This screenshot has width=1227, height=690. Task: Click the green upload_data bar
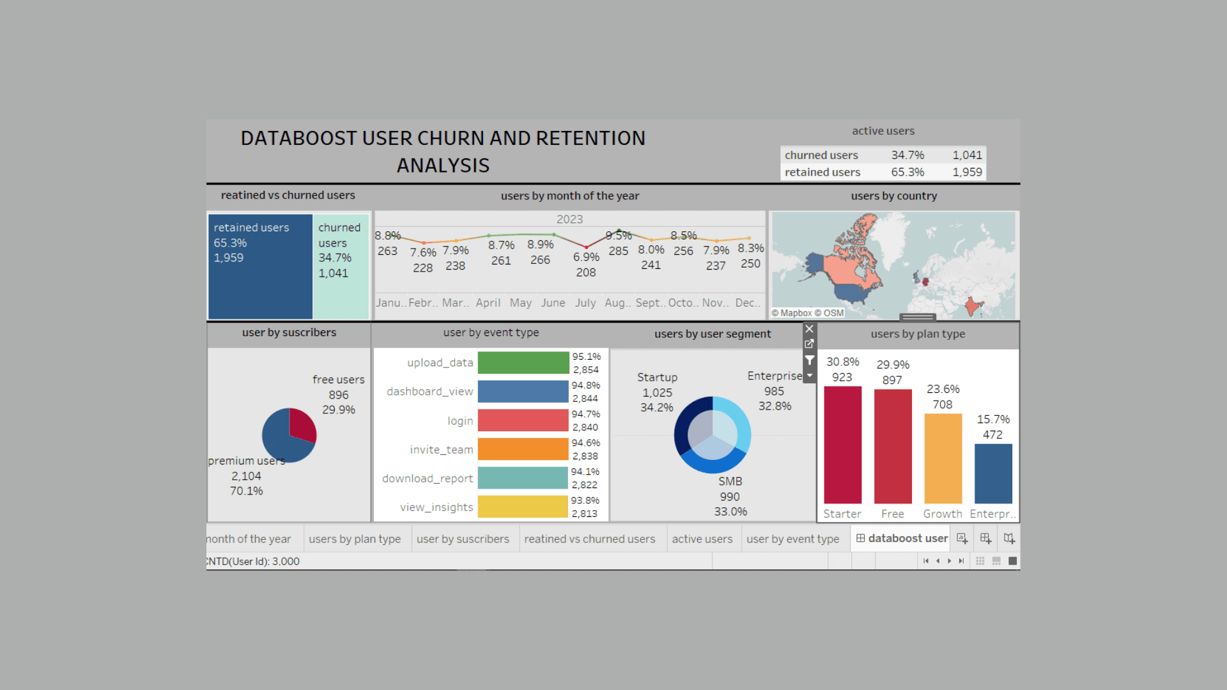coord(523,363)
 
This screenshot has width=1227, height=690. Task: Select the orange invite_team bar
coord(523,449)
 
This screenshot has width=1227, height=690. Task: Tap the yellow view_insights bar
coord(523,507)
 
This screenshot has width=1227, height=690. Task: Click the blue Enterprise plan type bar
coord(993,473)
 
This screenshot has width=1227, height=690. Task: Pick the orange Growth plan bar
coord(943,459)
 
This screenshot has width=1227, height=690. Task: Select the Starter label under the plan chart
coord(842,514)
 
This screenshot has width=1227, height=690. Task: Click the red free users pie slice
coord(302,424)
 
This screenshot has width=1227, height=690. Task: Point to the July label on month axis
coord(585,303)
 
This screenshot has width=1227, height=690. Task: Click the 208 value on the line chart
coord(585,272)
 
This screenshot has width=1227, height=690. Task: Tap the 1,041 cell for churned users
coord(967,155)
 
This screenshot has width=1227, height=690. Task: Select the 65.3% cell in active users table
coord(907,172)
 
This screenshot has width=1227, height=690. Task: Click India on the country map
coord(973,306)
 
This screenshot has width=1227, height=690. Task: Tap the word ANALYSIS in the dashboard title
coord(443,165)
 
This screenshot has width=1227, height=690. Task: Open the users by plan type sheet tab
coord(355,539)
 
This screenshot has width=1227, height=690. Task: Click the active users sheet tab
coord(702,539)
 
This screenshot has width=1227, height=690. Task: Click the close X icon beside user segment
coord(809,329)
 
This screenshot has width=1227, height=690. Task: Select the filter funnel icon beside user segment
coord(809,360)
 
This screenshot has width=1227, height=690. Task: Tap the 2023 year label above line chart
coord(569,219)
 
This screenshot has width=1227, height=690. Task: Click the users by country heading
coord(893,196)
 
